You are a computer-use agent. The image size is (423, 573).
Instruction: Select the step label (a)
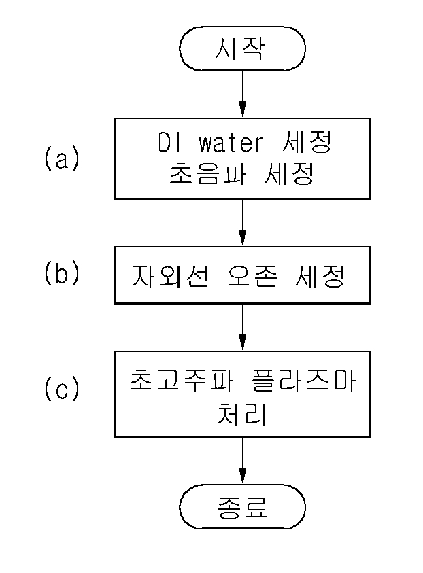point(62,158)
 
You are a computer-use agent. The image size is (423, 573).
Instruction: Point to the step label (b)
point(62,273)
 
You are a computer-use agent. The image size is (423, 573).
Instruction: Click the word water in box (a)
point(231,143)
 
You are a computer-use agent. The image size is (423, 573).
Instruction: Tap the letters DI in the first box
point(169,142)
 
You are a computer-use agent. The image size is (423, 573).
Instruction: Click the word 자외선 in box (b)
point(171,275)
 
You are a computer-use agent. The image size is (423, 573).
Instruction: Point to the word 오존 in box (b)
point(252,275)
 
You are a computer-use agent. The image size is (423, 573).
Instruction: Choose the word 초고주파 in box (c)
point(182,381)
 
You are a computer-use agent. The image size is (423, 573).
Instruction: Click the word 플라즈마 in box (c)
point(303,381)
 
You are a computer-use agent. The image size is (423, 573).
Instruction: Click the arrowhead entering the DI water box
point(242,109)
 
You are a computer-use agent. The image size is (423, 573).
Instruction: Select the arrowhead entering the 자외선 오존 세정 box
point(242,238)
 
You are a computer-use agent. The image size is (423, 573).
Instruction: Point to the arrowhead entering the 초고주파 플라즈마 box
point(242,343)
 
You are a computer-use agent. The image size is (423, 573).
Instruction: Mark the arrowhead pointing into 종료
point(242,476)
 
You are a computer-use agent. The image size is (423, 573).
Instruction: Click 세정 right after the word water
point(307,142)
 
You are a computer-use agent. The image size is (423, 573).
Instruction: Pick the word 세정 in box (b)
point(320,275)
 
